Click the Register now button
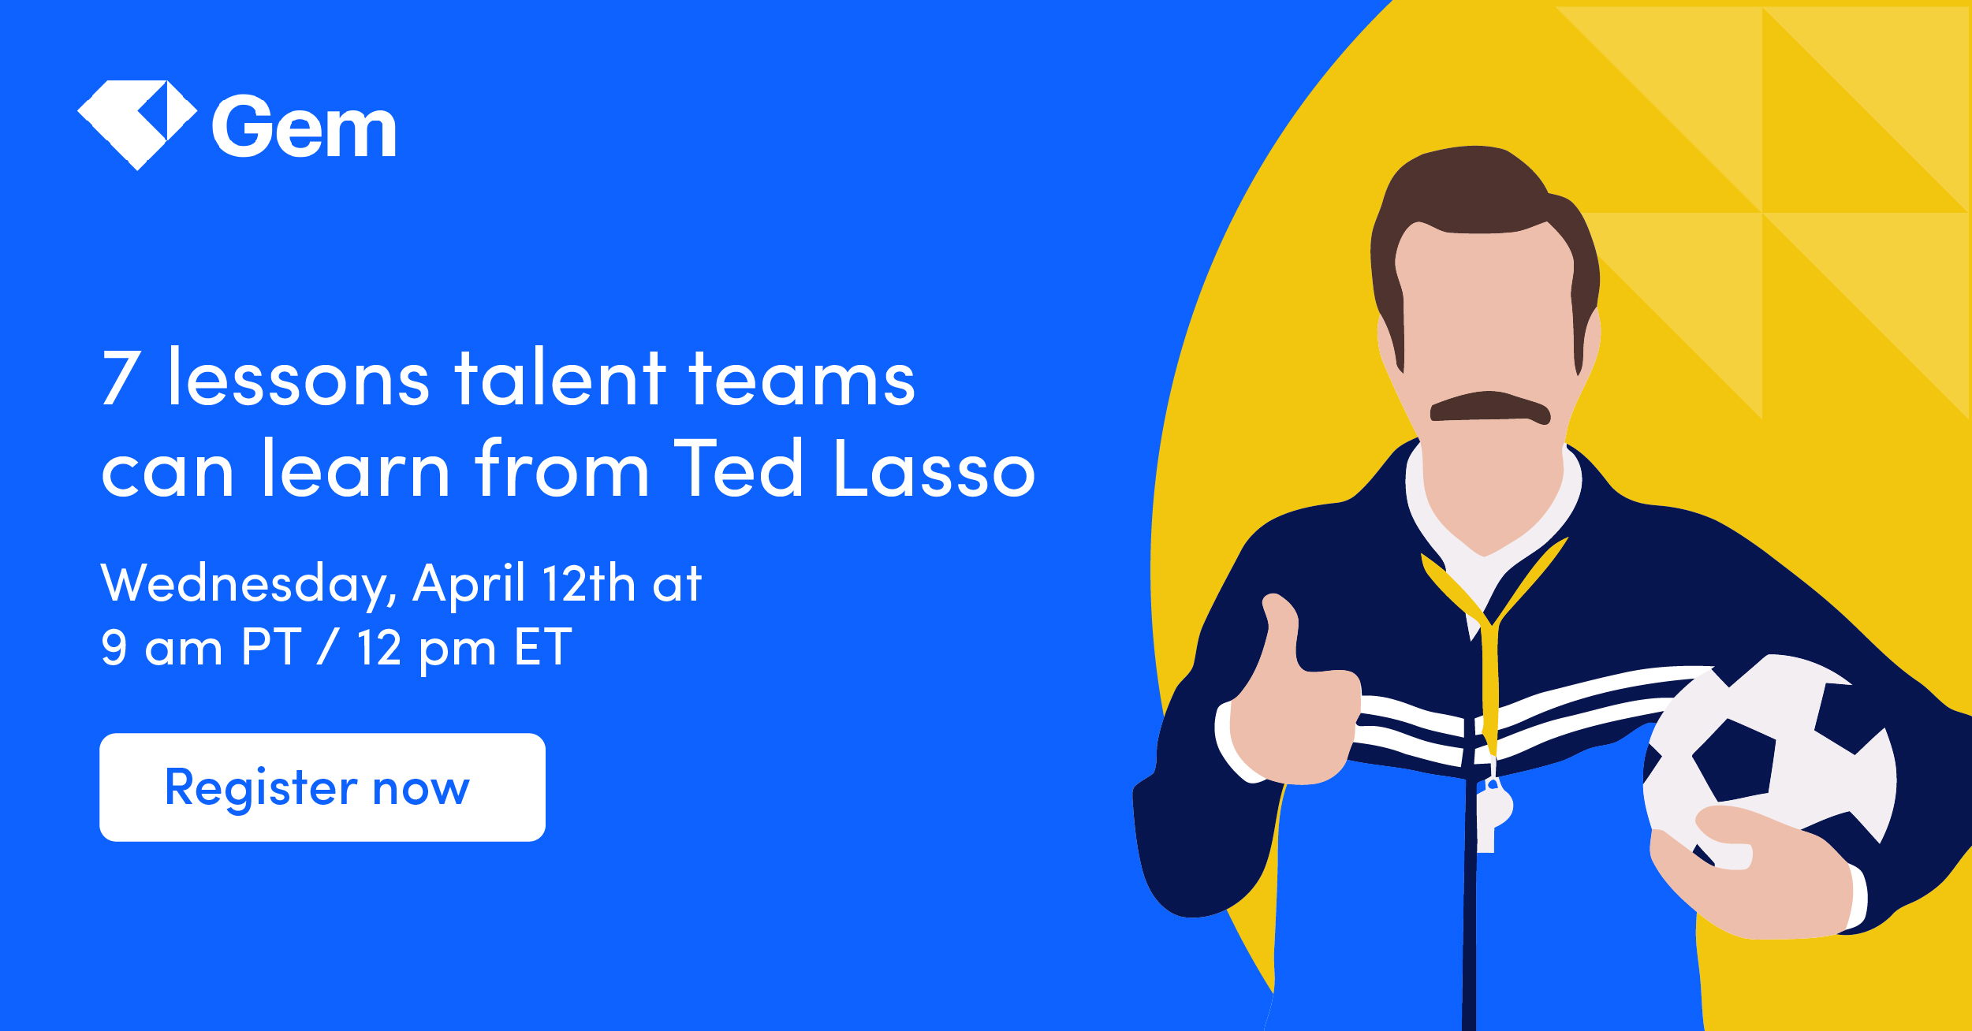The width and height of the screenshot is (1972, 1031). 322,787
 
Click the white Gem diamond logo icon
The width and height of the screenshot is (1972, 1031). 136,124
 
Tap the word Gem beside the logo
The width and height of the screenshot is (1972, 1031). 304,128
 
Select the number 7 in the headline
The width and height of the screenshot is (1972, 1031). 121,379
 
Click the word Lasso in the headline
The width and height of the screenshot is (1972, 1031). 934,470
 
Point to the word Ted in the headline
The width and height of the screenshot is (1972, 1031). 738,470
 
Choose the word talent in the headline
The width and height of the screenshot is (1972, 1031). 561,379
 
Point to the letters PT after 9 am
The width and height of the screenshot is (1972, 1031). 270,648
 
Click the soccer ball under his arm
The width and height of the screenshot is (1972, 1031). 1774,757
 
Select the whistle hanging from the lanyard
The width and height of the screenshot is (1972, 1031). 1493,812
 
